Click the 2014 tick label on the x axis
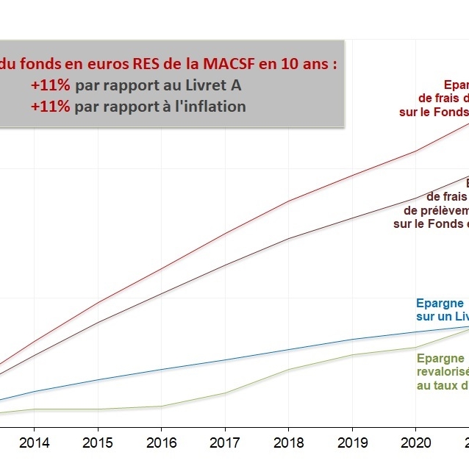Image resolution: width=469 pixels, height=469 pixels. (34, 443)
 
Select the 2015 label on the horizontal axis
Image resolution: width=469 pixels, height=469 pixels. (98, 443)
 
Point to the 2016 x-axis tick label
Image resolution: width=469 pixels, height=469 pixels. (161, 443)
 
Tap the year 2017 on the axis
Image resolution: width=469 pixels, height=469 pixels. (225, 443)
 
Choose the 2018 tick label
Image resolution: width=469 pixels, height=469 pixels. (288, 443)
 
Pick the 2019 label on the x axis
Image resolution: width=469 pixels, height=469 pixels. (352, 443)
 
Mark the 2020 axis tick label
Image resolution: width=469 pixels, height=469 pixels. (415, 443)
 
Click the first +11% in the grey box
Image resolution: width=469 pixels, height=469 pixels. (51, 85)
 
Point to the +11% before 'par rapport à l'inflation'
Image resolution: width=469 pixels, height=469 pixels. (51, 106)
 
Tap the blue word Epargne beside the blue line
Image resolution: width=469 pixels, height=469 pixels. (440, 303)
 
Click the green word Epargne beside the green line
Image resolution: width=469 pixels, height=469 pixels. (440, 359)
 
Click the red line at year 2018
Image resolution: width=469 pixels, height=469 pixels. (288, 201)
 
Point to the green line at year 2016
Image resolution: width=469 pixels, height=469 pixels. (161, 406)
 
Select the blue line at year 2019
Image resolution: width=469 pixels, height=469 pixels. (352, 340)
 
